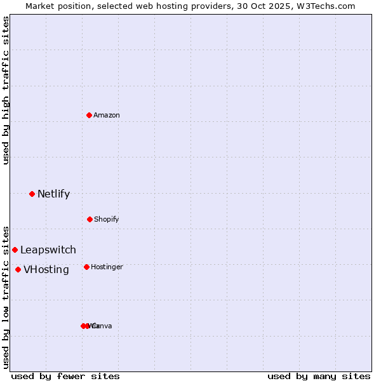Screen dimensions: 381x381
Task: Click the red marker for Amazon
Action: pos(89,115)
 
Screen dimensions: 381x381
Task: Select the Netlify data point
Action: pos(32,194)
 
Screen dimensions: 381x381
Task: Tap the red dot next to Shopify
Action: pos(90,219)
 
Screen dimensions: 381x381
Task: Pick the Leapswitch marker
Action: pos(15,250)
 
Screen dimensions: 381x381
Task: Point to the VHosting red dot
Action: pos(18,269)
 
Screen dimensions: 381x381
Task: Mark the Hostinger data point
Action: pos(86,267)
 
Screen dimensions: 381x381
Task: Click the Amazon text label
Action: pos(107,115)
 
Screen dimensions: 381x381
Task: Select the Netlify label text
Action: pos(53,194)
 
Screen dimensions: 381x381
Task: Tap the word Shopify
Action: pos(106,219)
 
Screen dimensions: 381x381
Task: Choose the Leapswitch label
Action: pos(48,250)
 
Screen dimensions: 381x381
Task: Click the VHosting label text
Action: pos(46,269)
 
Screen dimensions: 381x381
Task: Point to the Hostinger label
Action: pos(107,267)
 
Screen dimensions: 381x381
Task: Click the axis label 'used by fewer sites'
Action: pos(65,376)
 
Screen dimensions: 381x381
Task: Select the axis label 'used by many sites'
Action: pos(319,376)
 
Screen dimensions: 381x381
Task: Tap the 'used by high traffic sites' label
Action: pos(6,90)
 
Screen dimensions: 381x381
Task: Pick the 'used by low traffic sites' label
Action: pos(6,297)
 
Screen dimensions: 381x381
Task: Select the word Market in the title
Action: pos(40,6)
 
